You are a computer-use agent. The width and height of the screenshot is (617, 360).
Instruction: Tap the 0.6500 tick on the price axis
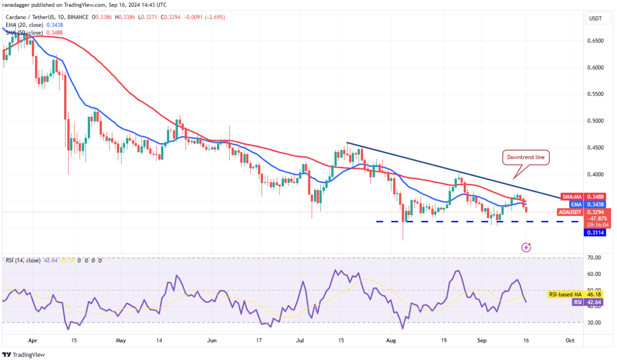coord(596,41)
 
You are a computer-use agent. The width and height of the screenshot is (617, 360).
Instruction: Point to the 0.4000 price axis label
coord(596,174)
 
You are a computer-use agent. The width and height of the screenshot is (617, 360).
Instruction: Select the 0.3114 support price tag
coord(596,233)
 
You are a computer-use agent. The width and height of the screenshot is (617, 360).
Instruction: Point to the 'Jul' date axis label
coord(300,341)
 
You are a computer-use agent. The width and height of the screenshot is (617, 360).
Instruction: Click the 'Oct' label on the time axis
coord(570,341)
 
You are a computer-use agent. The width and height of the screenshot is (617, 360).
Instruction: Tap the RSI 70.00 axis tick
coord(596,258)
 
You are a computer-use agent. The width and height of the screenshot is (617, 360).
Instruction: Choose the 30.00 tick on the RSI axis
coord(596,323)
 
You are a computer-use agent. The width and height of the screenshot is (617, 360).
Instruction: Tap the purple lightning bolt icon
coord(527,247)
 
